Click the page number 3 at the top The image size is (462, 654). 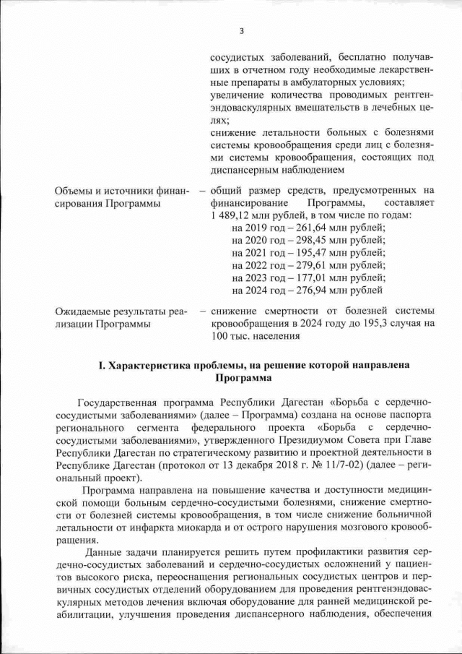(241, 30)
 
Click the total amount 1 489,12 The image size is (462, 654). (228, 215)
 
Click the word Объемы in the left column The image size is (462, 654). (75, 191)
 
